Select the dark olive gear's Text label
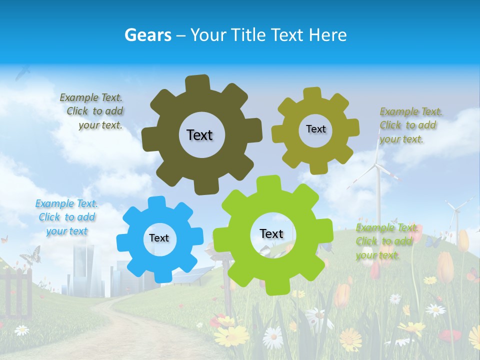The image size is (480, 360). [x=199, y=135]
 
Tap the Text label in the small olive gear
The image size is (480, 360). [x=315, y=129]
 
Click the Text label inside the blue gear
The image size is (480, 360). [x=159, y=238]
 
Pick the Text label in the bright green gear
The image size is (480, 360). [x=271, y=234]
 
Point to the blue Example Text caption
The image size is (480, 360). [x=66, y=217]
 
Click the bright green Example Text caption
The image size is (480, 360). [x=386, y=241]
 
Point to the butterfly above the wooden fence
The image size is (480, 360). [x=30, y=254]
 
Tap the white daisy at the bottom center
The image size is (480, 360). [x=273, y=337]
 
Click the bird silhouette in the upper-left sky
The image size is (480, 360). [x=22, y=74]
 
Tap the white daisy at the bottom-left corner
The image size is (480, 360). [x=21, y=330]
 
